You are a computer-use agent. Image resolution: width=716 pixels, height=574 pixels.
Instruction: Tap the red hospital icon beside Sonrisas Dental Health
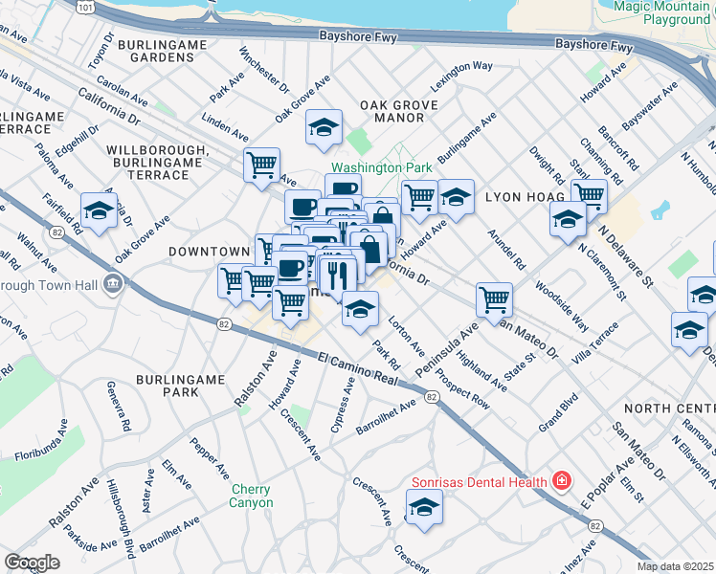[563, 480]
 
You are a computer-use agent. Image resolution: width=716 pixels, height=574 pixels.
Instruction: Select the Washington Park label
[382, 166]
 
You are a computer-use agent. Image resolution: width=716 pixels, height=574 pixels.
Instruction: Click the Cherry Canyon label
[252, 496]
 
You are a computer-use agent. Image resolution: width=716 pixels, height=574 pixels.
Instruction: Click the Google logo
[32, 563]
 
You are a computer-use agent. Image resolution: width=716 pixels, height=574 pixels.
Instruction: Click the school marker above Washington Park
[324, 127]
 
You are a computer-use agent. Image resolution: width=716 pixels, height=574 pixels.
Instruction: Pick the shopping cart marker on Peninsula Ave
[494, 298]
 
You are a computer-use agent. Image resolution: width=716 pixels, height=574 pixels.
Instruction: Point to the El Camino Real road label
[356, 369]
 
